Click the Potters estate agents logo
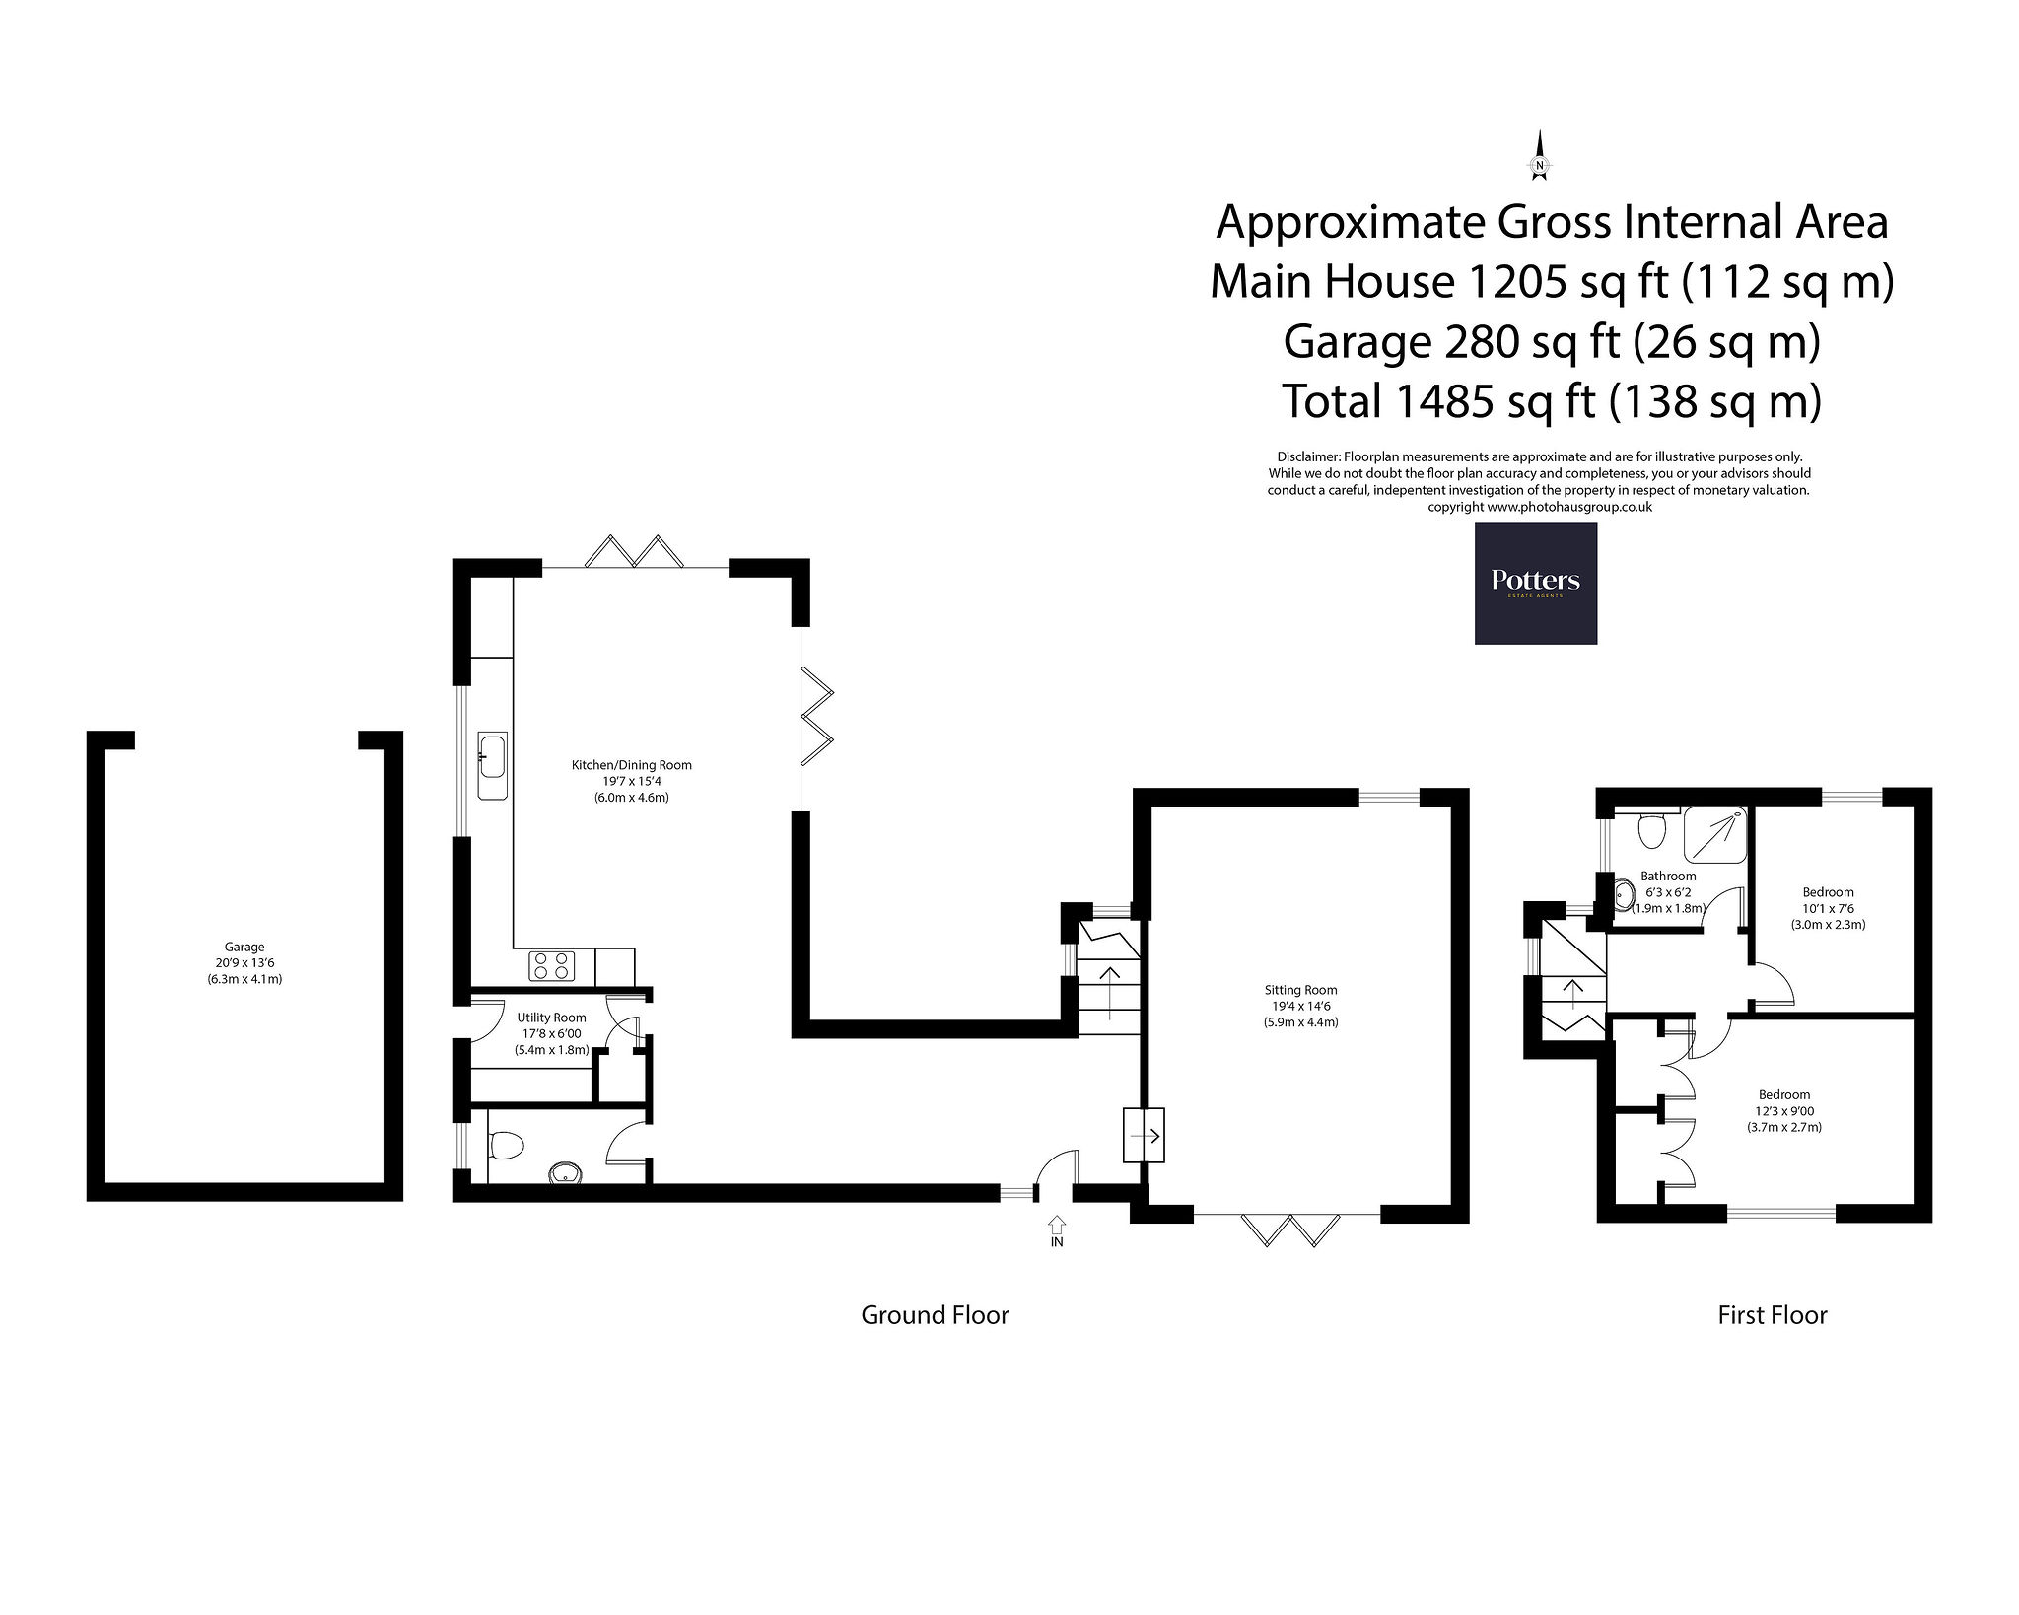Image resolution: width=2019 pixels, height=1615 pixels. click(x=1535, y=583)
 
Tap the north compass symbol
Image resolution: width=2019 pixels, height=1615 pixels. click(x=1538, y=158)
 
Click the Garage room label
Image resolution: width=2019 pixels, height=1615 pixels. click(x=244, y=947)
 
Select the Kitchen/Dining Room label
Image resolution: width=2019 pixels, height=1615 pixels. click(x=632, y=765)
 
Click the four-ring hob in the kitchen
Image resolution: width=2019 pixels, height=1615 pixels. click(x=552, y=965)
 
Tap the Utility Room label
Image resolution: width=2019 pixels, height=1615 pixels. click(x=552, y=1018)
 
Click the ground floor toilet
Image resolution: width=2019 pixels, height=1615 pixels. click(x=505, y=1145)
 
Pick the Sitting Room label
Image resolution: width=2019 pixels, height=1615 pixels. click(x=1301, y=990)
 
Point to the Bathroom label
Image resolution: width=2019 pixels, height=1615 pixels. click(x=1668, y=876)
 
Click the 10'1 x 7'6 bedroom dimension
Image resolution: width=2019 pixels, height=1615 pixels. click(x=1828, y=909)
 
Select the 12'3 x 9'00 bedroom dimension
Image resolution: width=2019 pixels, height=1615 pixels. click(x=1784, y=1110)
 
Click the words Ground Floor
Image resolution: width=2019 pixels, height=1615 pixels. click(x=935, y=1315)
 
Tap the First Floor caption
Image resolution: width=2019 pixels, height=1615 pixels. click(x=1773, y=1315)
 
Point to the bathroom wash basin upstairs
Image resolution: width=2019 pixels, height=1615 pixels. click(x=1623, y=896)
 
